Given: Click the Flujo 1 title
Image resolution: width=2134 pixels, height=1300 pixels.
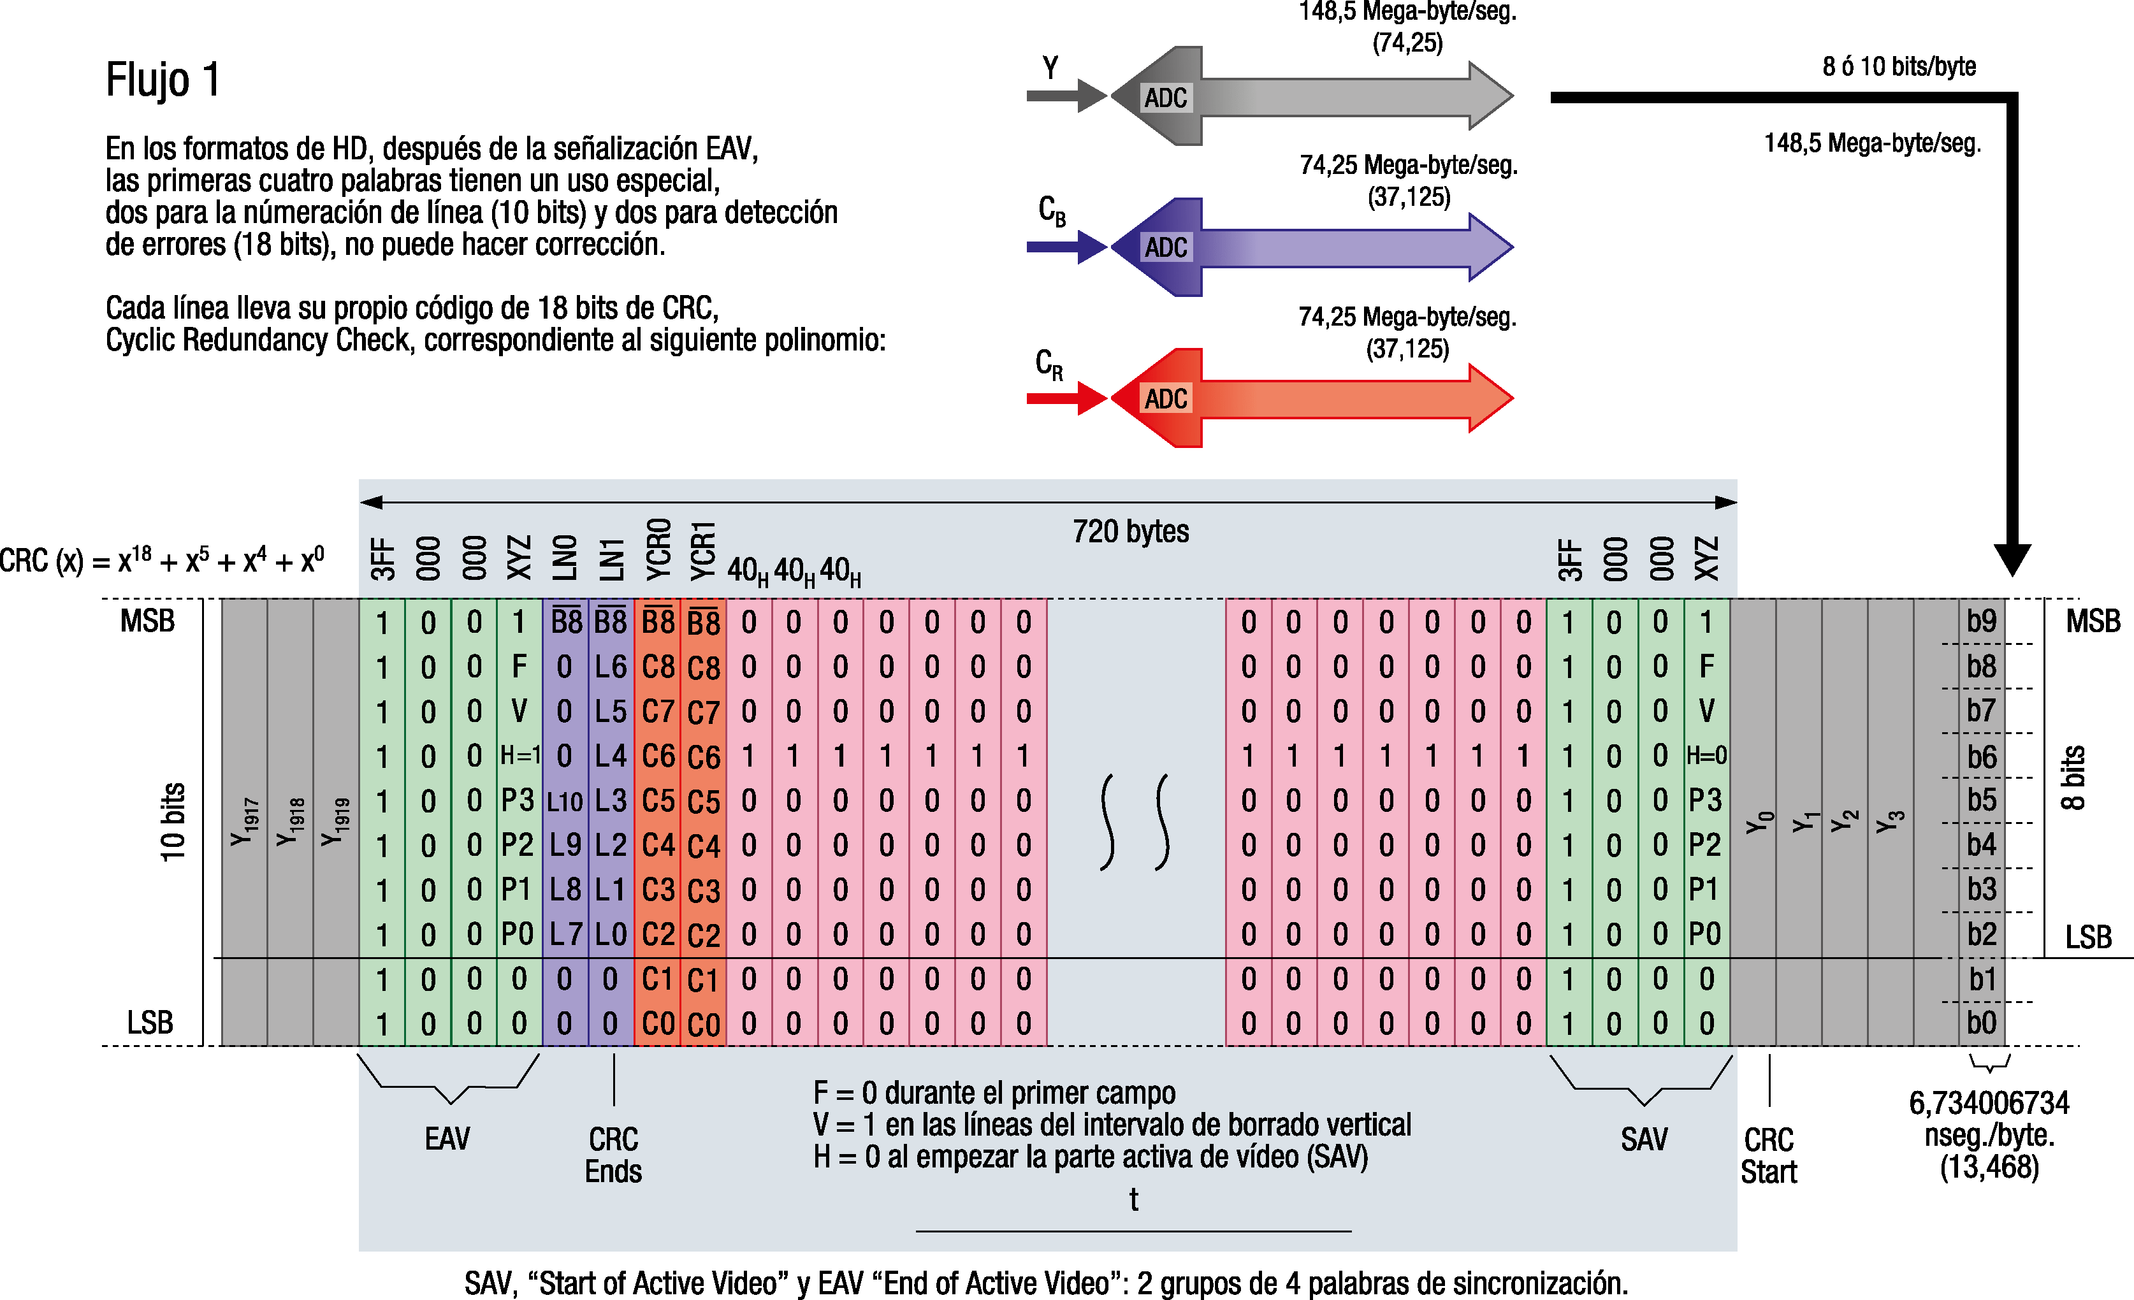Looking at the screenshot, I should [163, 80].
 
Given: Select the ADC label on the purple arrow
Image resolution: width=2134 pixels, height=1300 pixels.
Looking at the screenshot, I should [1166, 248].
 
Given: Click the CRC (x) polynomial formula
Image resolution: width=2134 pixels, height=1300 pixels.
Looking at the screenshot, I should [162, 560].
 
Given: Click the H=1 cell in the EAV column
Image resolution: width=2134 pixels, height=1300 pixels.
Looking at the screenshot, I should [519, 755].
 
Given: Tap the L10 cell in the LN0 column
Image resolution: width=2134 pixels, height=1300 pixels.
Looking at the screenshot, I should [565, 801].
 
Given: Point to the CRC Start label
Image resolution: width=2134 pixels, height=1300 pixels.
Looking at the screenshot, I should [1769, 1155].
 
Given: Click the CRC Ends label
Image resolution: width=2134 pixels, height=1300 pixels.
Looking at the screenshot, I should [613, 1155].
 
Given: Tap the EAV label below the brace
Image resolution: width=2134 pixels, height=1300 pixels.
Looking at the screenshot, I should [447, 1138].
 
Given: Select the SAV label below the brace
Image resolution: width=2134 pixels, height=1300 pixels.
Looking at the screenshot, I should [1644, 1139].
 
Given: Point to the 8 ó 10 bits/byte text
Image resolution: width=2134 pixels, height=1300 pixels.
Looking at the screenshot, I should [1898, 67].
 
